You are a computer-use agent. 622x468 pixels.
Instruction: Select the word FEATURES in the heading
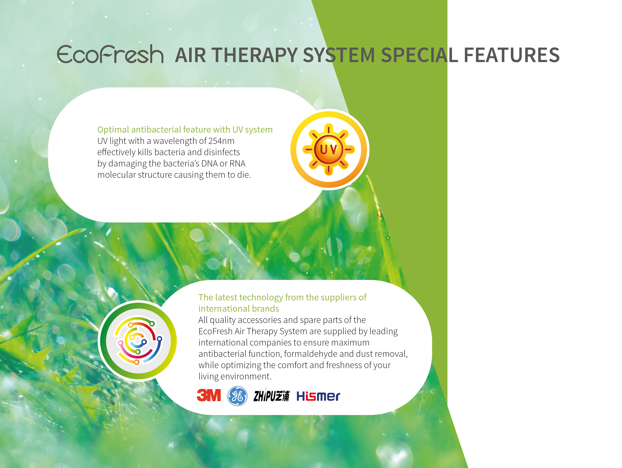[511, 55]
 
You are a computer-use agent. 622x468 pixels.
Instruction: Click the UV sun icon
[329, 149]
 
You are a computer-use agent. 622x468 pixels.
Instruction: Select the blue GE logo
[237, 396]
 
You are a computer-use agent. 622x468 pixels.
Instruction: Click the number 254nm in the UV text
[221, 141]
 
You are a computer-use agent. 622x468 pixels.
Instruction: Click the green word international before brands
[224, 308]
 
